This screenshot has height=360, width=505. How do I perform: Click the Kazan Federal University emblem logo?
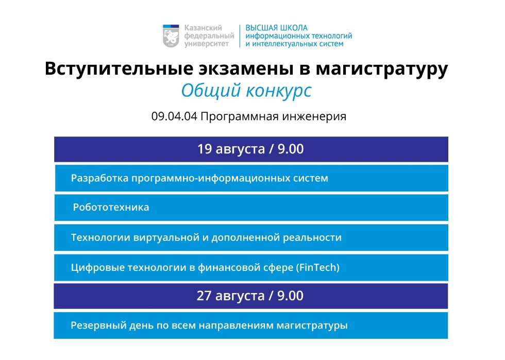click(x=172, y=36)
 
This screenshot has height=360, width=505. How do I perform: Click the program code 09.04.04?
click(x=174, y=116)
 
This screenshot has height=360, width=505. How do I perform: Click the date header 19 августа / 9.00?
click(x=250, y=149)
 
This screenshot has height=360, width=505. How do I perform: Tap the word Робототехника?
click(x=111, y=208)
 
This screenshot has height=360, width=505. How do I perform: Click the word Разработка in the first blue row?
click(x=99, y=178)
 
